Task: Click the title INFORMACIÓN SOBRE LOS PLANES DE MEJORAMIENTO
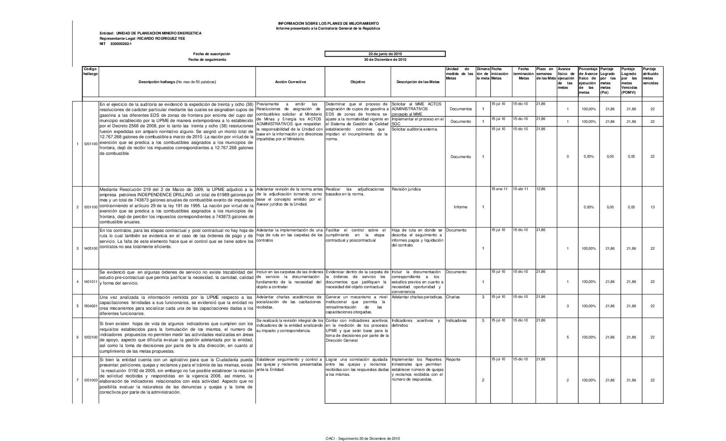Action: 328,24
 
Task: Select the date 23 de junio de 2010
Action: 385,54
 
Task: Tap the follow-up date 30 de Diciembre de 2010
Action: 385,60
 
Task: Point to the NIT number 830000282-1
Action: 121,44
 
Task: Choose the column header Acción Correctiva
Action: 290,82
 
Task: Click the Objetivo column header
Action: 358,82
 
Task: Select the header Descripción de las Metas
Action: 418,82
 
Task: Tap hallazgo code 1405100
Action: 91,248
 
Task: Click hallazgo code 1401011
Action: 91,282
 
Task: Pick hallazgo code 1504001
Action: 91,306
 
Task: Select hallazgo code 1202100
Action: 91,337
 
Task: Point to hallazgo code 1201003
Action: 91,380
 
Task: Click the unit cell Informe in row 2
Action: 460,207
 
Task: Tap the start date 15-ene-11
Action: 499,189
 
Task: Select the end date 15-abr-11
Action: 521,189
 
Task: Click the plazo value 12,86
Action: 541,189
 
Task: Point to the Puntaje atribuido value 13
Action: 652,207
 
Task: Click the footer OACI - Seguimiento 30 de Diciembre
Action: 363,438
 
